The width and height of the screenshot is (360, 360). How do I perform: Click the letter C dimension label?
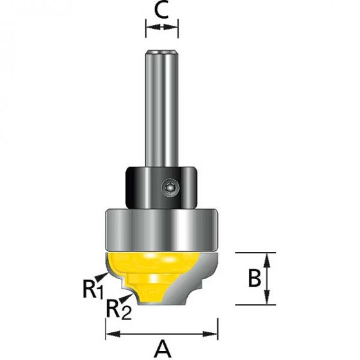(x=162, y=11)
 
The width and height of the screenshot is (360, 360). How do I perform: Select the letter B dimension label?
(x=255, y=278)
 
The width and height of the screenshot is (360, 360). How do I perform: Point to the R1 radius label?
(x=93, y=291)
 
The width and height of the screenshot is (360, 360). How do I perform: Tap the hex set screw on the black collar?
(x=170, y=188)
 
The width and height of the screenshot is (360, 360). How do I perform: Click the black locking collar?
(x=161, y=188)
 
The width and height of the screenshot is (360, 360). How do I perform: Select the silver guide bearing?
(x=161, y=230)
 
